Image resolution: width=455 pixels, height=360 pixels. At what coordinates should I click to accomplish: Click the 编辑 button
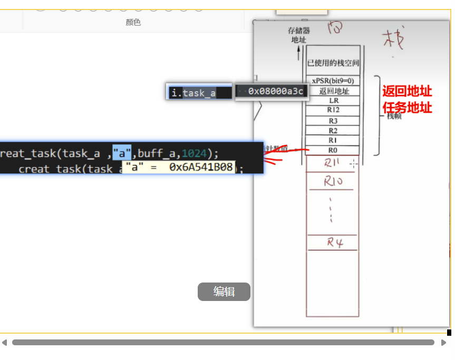point(224,291)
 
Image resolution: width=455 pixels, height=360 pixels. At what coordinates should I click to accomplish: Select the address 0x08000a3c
point(276,92)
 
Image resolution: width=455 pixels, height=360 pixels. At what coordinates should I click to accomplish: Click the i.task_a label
point(193,93)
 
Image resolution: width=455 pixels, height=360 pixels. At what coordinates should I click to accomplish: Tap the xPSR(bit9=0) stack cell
point(333,81)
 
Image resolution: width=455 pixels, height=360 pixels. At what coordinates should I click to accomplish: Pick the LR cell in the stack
point(333,101)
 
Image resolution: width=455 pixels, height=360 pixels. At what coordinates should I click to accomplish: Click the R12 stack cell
point(333,110)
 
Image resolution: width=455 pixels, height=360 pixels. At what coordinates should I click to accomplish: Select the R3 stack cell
point(333,121)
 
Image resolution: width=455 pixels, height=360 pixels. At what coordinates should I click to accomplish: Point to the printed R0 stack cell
point(333,150)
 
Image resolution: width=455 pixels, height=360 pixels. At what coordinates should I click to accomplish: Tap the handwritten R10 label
point(334,182)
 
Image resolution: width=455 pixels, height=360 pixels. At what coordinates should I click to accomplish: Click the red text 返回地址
point(407,91)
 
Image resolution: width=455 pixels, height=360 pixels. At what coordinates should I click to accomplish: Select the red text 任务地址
point(407,108)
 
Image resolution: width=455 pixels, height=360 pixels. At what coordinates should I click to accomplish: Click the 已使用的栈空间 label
point(333,63)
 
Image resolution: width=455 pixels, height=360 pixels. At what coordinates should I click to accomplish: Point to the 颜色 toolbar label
point(133,22)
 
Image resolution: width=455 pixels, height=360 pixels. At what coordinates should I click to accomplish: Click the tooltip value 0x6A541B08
point(201,167)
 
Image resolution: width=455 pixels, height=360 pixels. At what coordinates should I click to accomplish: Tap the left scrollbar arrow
point(4,343)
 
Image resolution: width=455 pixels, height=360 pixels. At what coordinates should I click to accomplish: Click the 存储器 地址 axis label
point(298,35)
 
